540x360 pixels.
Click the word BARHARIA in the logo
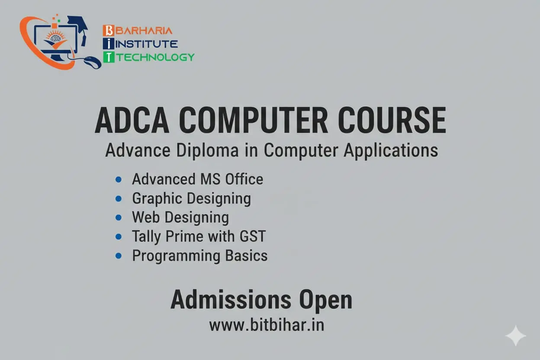(x=144, y=31)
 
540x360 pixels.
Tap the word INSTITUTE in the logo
(x=147, y=44)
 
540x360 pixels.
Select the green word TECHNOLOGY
(x=155, y=57)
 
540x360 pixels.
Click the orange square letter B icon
(x=109, y=30)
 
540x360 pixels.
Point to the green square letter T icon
(x=109, y=57)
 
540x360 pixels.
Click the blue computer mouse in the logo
(x=92, y=62)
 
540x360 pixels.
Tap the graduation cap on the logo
(x=77, y=26)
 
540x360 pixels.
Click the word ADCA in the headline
(x=132, y=120)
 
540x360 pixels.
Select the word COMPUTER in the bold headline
(x=254, y=120)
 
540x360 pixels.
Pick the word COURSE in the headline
(x=392, y=120)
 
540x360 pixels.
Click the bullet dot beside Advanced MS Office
(x=119, y=180)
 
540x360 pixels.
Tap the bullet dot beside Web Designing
(x=119, y=218)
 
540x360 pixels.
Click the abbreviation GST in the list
(x=253, y=236)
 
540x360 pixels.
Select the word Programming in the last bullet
(x=176, y=256)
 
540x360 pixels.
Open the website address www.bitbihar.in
(x=267, y=325)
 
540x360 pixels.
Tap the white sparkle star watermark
(x=516, y=336)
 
